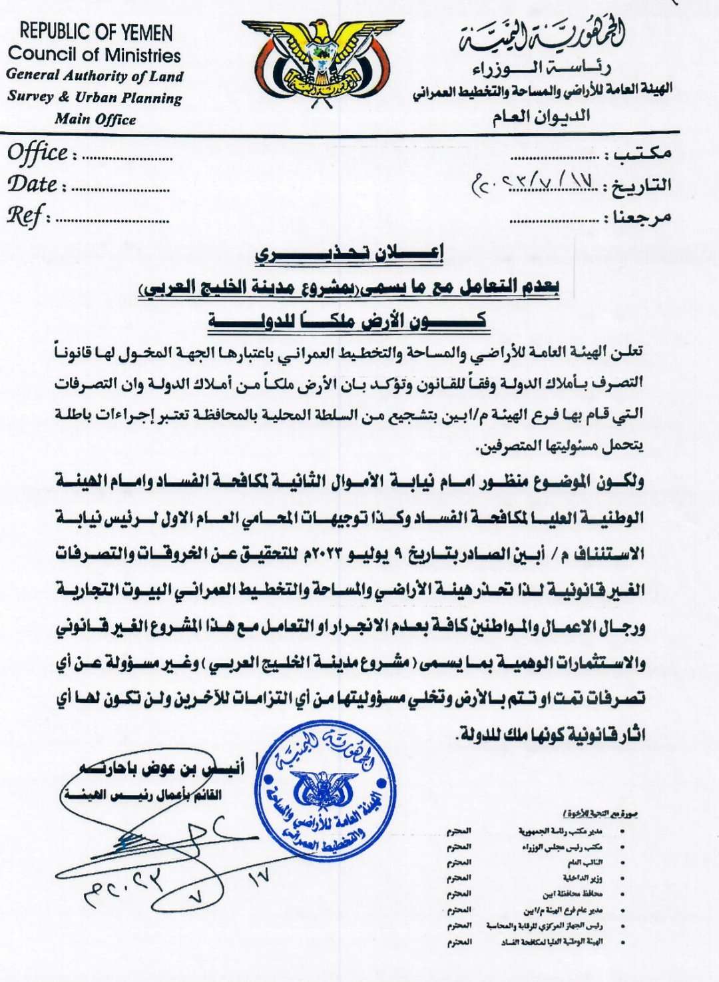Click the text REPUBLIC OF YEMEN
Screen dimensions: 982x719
pos(96,32)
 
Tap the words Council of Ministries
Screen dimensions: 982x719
pos(95,54)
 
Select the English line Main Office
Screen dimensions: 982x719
pos(95,120)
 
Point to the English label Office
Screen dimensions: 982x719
pos(38,154)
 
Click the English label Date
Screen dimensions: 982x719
pos(33,184)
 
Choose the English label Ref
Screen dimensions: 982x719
pos(25,216)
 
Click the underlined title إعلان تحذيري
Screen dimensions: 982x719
pos(350,252)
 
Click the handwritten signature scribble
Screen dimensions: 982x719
pos(166,846)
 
